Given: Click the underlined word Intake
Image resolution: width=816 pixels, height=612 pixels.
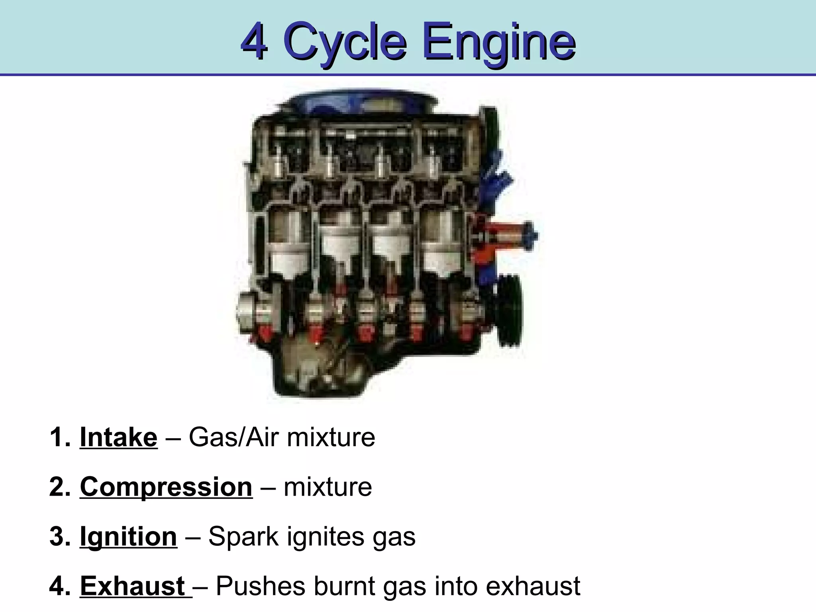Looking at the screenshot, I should point(118,437).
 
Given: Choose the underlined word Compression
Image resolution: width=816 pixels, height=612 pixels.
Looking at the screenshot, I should point(166,487).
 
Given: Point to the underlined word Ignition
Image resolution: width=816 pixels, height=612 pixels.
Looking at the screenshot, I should point(128,536).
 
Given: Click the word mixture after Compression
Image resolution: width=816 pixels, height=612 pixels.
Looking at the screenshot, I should point(328,487).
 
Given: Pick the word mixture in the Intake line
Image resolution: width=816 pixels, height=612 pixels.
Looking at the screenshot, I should point(331,437).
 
